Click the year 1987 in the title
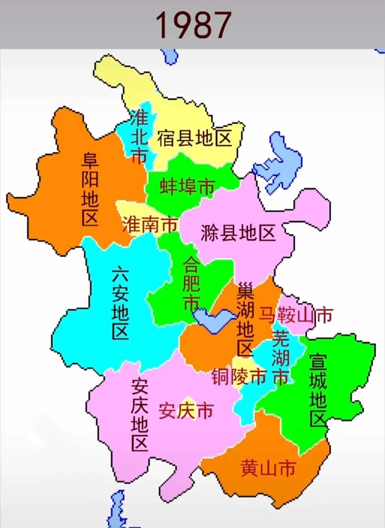(x=193, y=25)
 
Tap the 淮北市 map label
(x=139, y=136)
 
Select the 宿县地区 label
(x=194, y=139)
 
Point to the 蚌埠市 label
(x=188, y=187)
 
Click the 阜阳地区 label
(x=90, y=189)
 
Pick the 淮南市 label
(x=150, y=225)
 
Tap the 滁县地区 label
(x=238, y=233)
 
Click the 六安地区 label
(x=120, y=303)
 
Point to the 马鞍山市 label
(x=295, y=316)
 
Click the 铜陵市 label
(x=239, y=377)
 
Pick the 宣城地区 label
(x=318, y=390)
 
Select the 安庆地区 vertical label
(x=139, y=415)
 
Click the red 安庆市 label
(x=186, y=411)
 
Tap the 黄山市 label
(x=268, y=469)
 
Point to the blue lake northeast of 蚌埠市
(x=277, y=163)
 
